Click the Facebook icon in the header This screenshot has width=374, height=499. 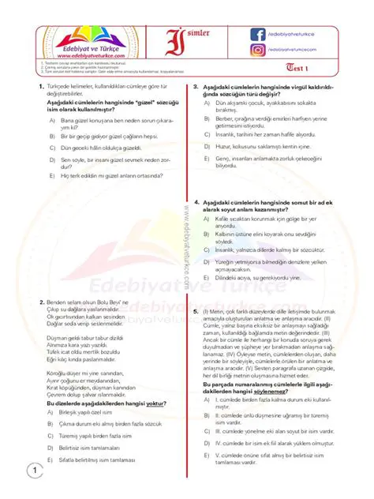pos(258,34)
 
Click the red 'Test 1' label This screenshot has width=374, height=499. pos(316,69)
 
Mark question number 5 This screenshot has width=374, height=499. pos(196,312)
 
